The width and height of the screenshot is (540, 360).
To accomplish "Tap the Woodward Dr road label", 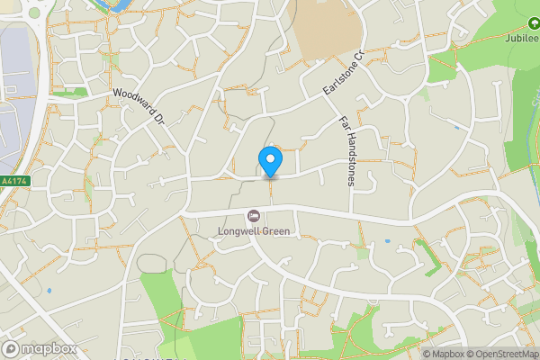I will pyautogui.click(x=140, y=105).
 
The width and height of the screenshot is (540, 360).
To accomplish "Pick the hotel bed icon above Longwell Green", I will pyautogui.click(x=253, y=216).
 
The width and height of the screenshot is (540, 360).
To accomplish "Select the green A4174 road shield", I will pyautogui.click(x=15, y=181).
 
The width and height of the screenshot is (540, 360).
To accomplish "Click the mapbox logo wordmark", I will pyautogui.click(x=39, y=348).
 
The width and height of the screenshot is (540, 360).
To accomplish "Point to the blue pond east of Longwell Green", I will pyautogui.click(x=386, y=240).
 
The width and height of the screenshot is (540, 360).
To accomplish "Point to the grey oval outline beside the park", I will pyautogui.click(x=152, y=264).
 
